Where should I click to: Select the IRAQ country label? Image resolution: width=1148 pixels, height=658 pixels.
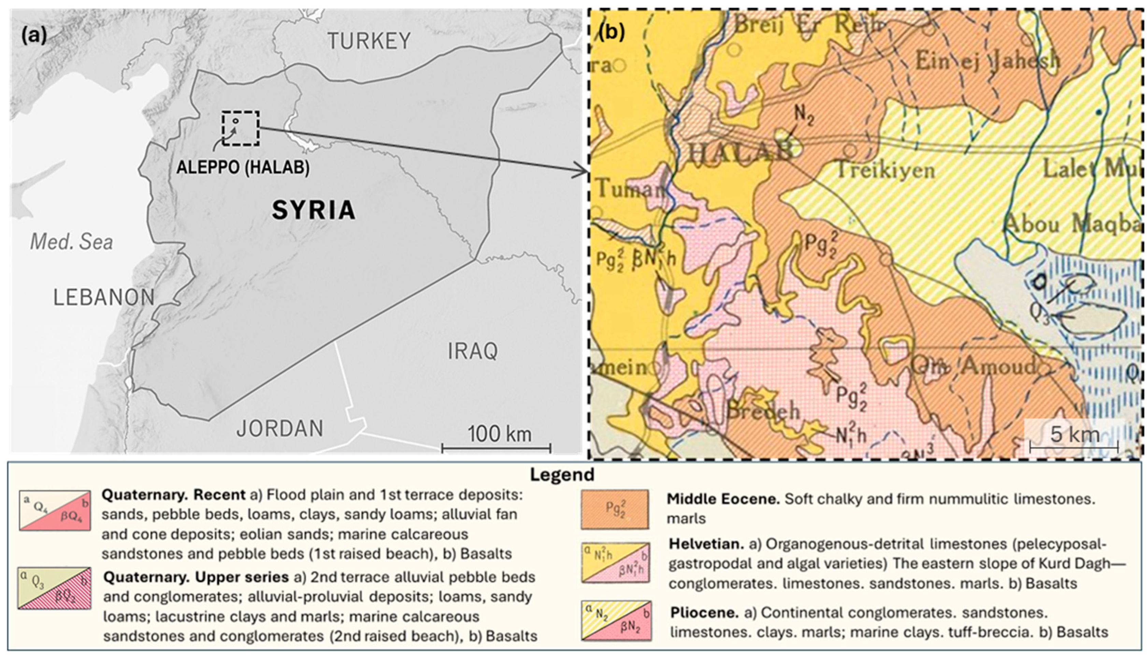[473, 351]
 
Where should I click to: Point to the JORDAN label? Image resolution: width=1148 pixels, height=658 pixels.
[280, 429]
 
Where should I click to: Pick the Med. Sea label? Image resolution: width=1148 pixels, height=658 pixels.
[71, 242]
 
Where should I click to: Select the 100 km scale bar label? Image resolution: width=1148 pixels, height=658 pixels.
[499, 434]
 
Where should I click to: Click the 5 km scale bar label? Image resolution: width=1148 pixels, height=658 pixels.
[1075, 434]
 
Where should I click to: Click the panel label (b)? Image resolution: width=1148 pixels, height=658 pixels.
[612, 32]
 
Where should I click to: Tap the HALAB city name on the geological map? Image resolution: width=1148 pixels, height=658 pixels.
[740, 151]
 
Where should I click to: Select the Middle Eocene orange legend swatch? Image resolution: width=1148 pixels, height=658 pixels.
[614, 509]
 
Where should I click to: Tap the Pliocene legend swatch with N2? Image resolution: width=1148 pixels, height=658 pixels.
[616, 620]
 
